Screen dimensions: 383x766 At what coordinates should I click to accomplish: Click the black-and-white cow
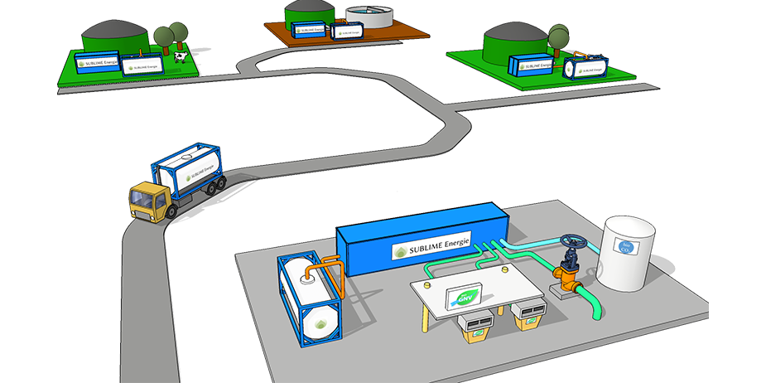pos(181,56)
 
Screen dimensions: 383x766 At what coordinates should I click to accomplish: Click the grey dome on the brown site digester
pos(308,11)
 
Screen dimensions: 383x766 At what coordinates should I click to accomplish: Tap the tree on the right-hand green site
pos(559,36)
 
